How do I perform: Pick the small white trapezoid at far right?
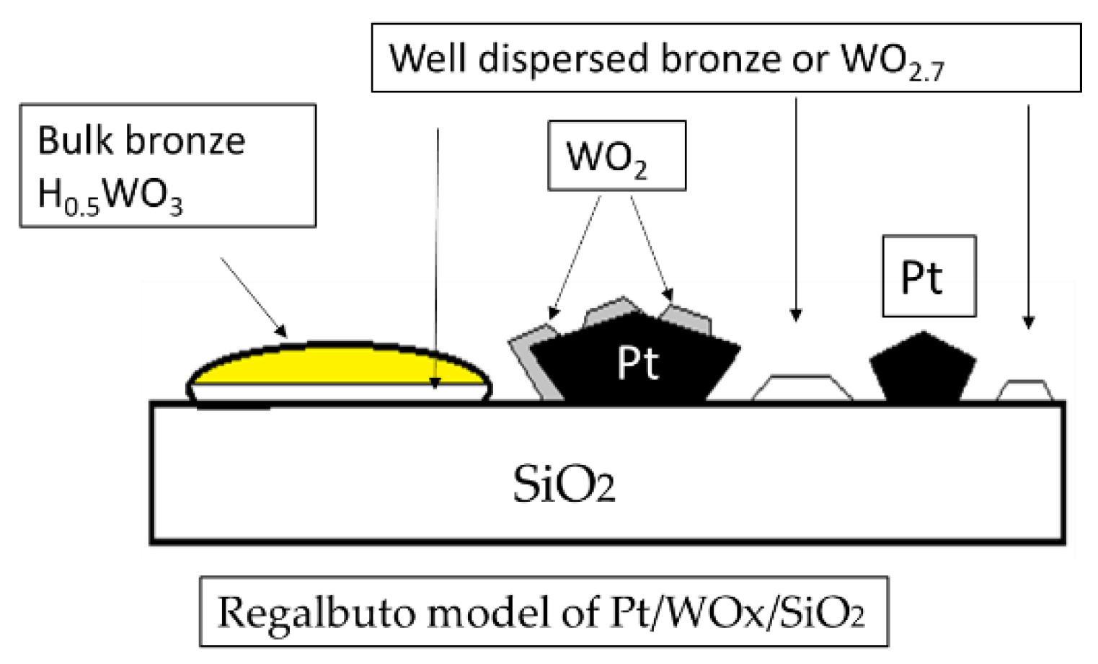[x=1024, y=390]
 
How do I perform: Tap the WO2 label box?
[x=616, y=156]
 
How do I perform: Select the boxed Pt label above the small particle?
[x=929, y=277]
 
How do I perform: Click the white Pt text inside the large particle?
[x=637, y=363]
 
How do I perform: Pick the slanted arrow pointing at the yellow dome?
[x=253, y=297]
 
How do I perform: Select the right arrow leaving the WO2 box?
[x=652, y=248]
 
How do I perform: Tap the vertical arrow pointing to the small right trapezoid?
[x=1028, y=216]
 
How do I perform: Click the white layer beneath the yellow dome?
[x=339, y=391]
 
